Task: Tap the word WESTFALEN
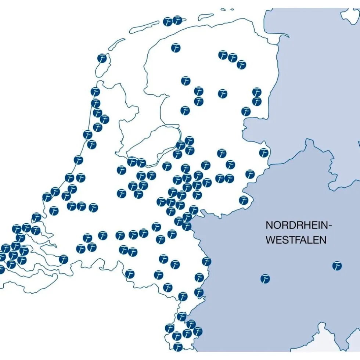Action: [296, 240]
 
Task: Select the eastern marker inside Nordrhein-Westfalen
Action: [337, 266]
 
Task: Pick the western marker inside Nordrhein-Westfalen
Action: [265, 279]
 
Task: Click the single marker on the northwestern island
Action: [102, 58]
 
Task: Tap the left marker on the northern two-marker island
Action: [168, 21]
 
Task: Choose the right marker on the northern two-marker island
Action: [177, 20]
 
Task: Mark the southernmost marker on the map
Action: [178, 346]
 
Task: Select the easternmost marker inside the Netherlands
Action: [264, 152]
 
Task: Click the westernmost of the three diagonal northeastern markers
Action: [223, 55]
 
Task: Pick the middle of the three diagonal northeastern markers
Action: [233, 58]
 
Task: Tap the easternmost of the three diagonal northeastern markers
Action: [241, 65]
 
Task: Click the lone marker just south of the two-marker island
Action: [176, 48]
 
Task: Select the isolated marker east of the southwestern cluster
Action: [64, 259]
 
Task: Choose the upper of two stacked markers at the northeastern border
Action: [257, 92]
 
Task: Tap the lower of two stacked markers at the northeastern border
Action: [257, 101]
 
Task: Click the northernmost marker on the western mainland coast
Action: [95, 92]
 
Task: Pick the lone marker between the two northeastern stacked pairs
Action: [223, 94]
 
